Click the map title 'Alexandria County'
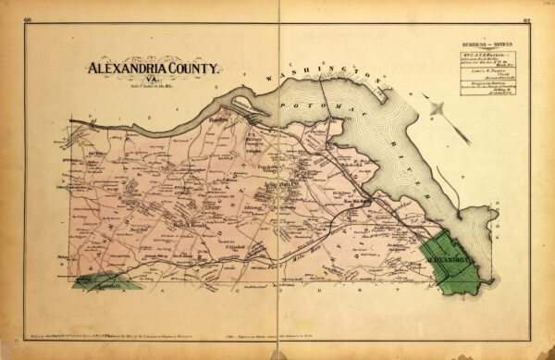coord(154,68)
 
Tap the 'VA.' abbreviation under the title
coord(152,81)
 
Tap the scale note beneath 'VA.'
coord(152,88)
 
